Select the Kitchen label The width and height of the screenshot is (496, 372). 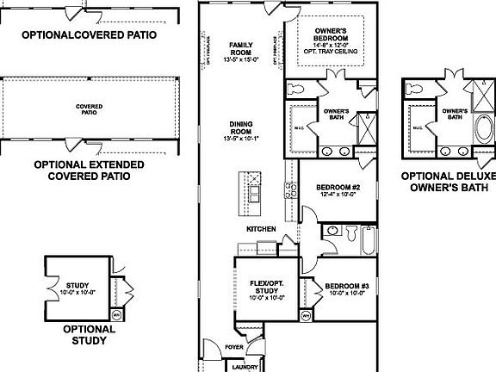(261, 229)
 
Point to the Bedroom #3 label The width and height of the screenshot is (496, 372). (342, 287)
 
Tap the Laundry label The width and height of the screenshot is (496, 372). (245, 366)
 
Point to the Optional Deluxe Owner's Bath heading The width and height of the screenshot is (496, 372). (449, 180)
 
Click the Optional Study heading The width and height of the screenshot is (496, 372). (84, 334)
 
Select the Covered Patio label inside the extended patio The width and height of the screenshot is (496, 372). (89, 108)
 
